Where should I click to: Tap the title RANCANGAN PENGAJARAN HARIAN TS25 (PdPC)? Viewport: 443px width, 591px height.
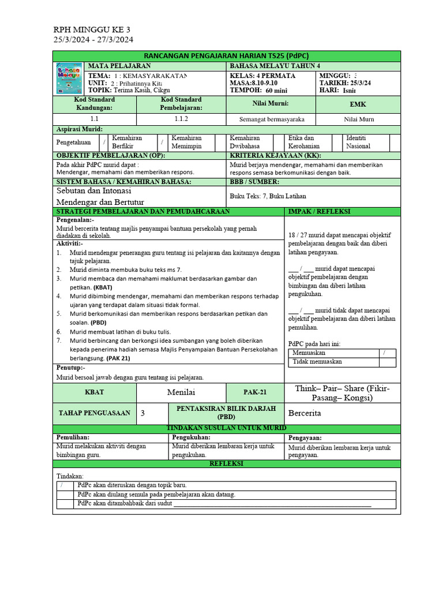(x=226, y=55)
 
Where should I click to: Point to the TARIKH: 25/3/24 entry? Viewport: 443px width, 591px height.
(x=345, y=83)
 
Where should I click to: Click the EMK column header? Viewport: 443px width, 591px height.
(x=358, y=104)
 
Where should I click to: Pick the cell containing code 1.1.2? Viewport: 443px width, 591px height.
(x=181, y=119)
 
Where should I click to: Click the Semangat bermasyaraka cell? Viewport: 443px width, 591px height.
(x=271, y=119)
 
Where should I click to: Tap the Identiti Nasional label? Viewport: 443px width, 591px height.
(x=359, y=143)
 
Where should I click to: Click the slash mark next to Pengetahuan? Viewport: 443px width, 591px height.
(x=104, y=142)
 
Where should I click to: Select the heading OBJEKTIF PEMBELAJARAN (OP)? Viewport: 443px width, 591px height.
(x=110, y=156)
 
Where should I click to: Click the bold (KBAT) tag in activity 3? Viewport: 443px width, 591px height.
(x=105, y=287)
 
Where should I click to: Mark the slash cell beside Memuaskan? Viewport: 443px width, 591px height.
(x=384, y=352)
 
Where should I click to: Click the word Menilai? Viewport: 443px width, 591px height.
(x=181, y=392)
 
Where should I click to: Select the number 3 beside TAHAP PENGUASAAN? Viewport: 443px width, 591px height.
(x=143, y=413)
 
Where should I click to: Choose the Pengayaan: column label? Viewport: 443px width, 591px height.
(x=305, y=437)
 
